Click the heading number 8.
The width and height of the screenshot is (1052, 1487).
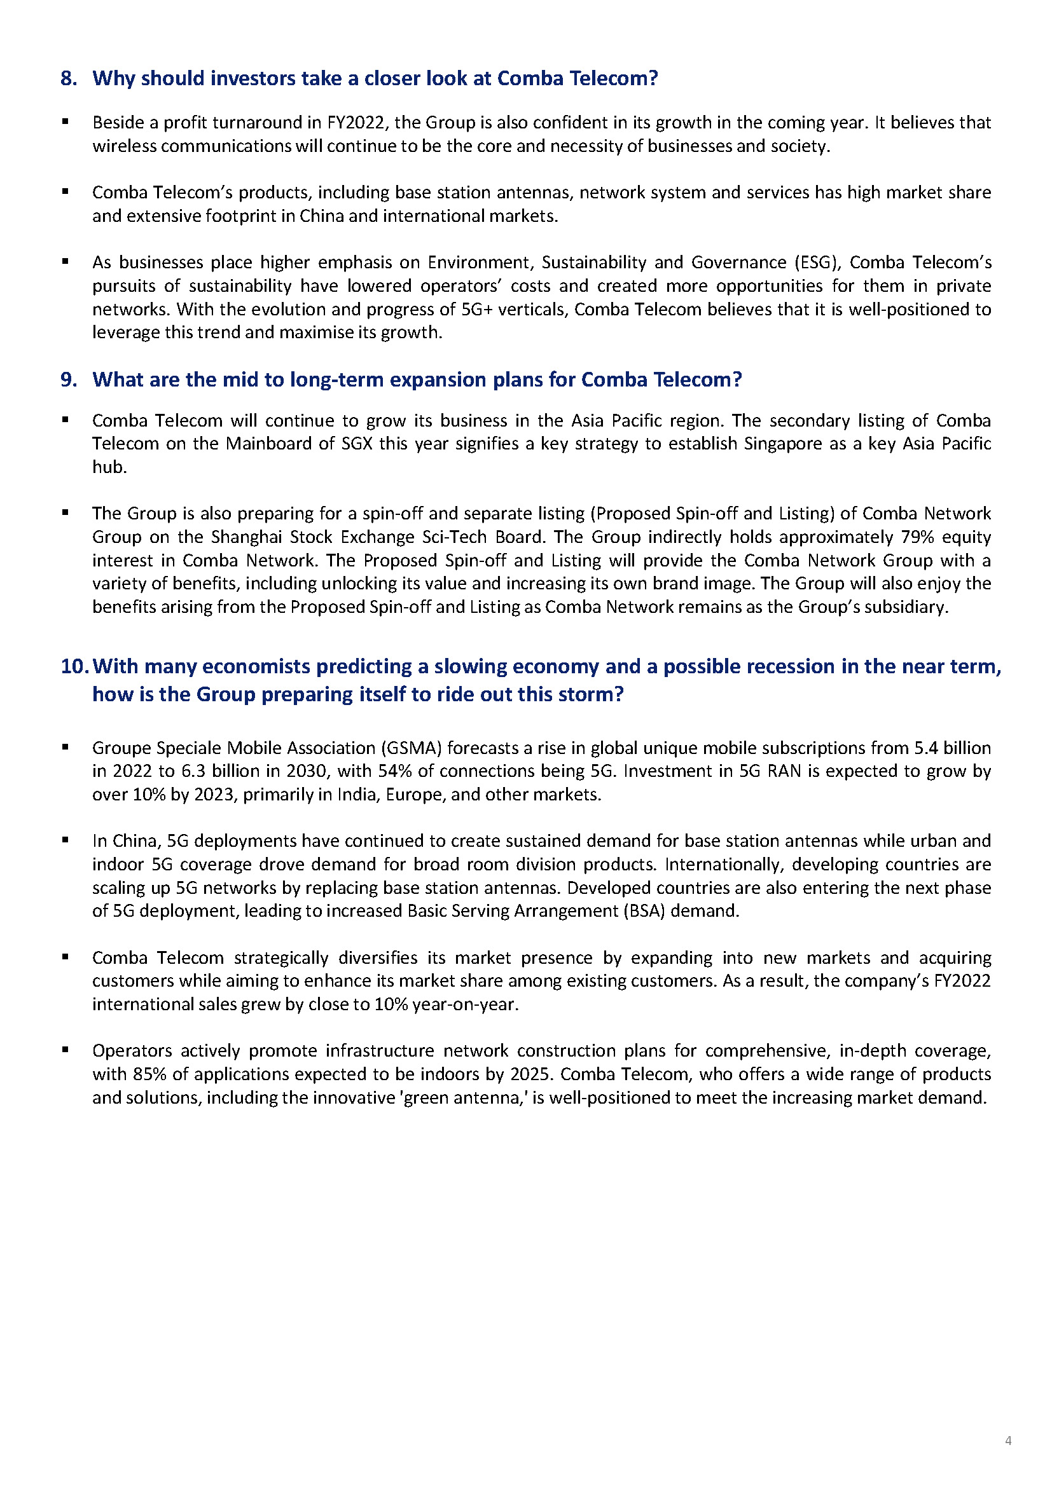(x=69, y=78)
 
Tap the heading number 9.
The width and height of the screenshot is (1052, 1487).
(x=69, y=380)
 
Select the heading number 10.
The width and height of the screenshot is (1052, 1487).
(x=74, y=666)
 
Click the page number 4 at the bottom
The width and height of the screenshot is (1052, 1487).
(x=1008, y=1441)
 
